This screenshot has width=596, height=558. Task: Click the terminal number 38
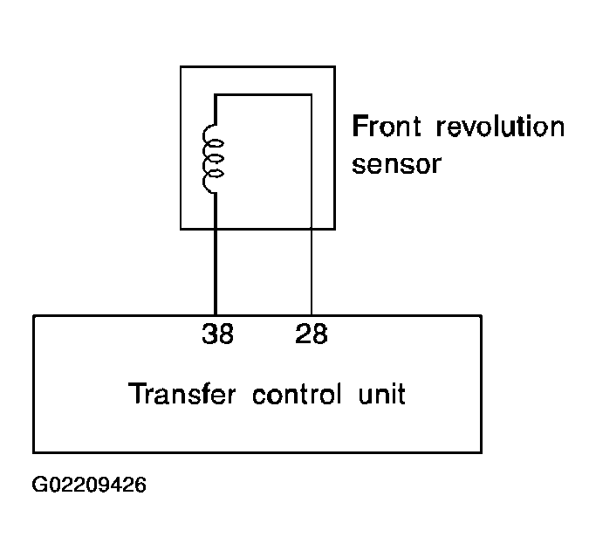[x=217, y=334]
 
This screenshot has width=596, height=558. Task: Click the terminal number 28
[x=311, y=334]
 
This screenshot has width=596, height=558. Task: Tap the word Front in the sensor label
[x=387, y=126]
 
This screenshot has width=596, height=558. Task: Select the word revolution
[x=500, y=126]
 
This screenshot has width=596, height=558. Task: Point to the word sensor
[x=396, y=164]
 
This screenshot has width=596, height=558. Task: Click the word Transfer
[x=182, y=394]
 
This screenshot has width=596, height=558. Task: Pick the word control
[x=297, y=394]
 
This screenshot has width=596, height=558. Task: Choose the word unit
[x=381, y=394]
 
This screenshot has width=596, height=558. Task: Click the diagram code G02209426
[x=89, y=485]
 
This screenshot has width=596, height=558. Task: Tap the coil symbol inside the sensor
[x=212, y=159]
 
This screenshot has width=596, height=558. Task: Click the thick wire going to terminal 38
[x=216, y=272]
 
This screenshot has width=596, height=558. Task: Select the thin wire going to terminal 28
[x=312, y=272]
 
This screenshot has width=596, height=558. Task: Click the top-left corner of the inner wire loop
[x=216, y=94]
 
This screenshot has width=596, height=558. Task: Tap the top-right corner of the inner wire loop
[x=312, y=94]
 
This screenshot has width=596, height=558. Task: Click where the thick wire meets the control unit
[x=216, y=315]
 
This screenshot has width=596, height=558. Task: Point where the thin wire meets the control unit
[x=312, y=315]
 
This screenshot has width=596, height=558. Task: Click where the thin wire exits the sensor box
[x=312, y=229]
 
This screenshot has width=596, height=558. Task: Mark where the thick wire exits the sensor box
[x=216, y=229]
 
